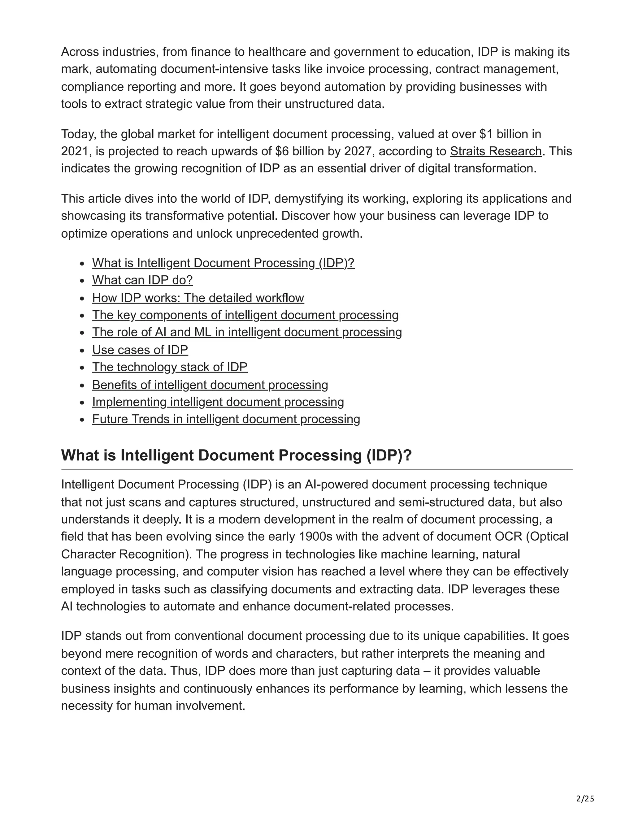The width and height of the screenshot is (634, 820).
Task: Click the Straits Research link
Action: [495, 151]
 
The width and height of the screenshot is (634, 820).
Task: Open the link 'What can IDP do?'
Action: [142, 280]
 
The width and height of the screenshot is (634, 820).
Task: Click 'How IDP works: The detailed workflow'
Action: [198, 298]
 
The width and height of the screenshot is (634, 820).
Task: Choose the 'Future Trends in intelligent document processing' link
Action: [226, 419]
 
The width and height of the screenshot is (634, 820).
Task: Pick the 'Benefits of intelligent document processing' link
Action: [210, 385]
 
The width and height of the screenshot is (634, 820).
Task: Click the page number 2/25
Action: [585, 799]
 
